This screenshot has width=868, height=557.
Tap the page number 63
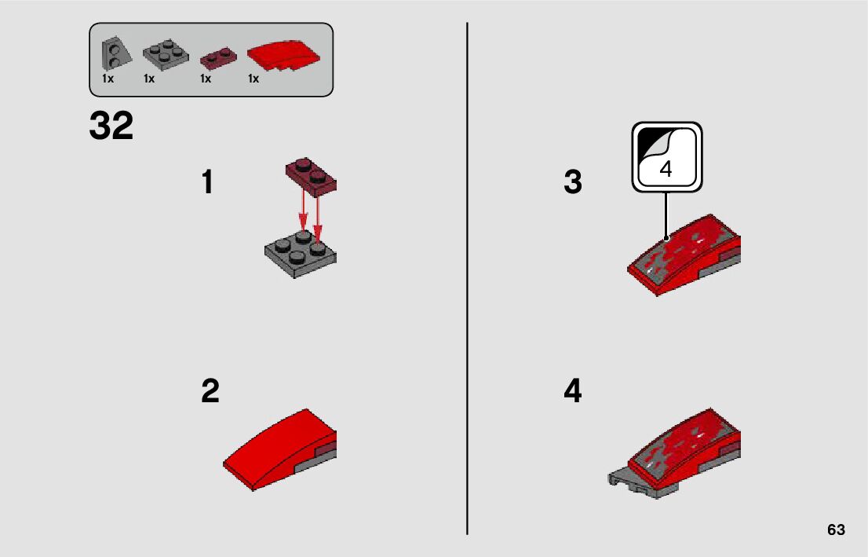(836, 530)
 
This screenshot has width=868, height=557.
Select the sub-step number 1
(208, 181)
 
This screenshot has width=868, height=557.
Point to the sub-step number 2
(210, 390)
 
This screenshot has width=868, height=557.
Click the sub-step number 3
(573, 181)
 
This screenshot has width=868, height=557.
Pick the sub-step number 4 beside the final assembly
(573, 390)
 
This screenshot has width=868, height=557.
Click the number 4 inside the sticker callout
(666, 169)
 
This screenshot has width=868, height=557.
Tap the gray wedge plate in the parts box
(115, 53)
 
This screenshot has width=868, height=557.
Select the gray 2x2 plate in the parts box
(166, 54)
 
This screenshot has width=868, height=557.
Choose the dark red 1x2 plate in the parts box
(218, 57)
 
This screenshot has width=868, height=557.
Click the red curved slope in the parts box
(283, 55)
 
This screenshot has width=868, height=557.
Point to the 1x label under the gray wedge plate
(108, 79)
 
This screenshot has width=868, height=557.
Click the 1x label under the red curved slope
(253, 79)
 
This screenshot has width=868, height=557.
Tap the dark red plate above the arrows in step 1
(311, 177)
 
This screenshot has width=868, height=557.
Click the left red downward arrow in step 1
(303, 210)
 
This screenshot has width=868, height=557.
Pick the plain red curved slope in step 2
(279, 449)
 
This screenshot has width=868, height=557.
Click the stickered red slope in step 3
(684, 255)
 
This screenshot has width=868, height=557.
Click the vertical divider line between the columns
(467, 278)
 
